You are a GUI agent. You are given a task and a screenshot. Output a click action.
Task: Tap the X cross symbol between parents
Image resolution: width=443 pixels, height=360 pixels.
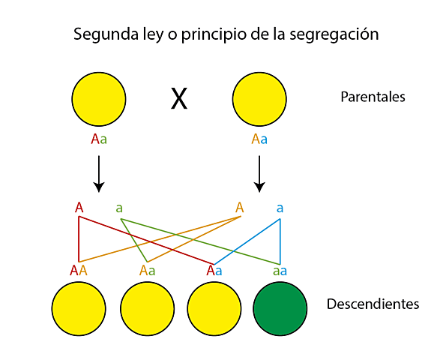click(x=178, y=98)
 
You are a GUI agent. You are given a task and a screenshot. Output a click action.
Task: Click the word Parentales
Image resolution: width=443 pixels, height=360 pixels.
click(x=373, y=97)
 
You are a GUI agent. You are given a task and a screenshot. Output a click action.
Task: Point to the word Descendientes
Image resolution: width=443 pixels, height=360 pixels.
click(x=373, y=304)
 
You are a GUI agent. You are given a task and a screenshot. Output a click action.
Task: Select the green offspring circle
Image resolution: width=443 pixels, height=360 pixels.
click(x=280, y=308)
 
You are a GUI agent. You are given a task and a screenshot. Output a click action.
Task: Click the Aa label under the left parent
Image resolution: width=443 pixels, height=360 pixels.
click(x=99, y=139)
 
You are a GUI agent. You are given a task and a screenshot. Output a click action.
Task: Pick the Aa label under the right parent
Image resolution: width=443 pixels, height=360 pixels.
click(x=259, y=139)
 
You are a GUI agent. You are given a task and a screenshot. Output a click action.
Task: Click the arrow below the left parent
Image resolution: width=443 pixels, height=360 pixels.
click(x=99, y=174)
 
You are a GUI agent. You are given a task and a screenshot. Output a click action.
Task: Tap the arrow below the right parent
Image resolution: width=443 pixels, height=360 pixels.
click(x=259, y=174)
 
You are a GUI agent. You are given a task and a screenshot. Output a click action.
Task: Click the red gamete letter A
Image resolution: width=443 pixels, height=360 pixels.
click(x=79, y=207)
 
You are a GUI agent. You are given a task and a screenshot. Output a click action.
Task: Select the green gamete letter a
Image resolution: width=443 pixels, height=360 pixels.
click(x=119, y=208)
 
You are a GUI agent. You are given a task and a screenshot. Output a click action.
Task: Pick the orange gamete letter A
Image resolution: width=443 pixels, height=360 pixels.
click(x=240, y=207)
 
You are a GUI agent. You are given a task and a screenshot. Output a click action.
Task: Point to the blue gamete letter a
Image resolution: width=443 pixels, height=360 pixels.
click(x=280, y=208)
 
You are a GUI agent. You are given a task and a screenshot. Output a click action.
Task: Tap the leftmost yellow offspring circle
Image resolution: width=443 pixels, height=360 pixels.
click(x=79, y=308)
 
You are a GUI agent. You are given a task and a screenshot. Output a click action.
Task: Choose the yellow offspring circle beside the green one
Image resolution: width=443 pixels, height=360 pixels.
click(x=214, y=308)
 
